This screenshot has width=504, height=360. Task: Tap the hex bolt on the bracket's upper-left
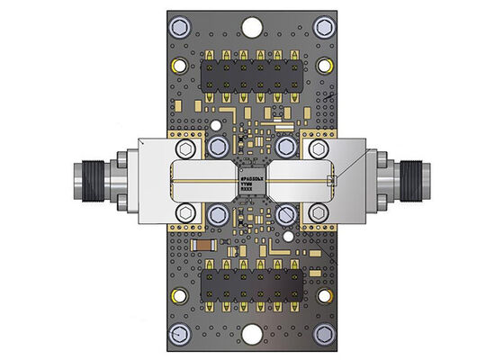186,148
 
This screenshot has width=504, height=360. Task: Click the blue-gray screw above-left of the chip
216,147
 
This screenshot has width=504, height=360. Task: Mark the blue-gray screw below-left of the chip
216,213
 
